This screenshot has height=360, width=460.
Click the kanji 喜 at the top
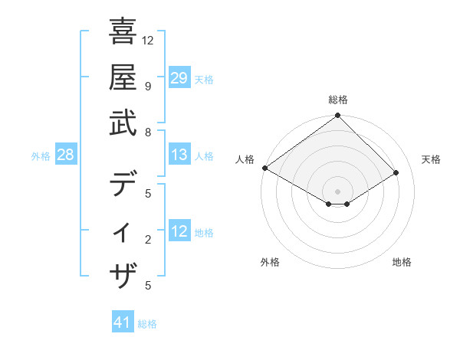pyautogui.click(x=123, y=33)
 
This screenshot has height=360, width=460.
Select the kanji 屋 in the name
pyautogui.click(x=123, y=78)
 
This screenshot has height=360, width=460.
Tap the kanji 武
pyautogui.click(x=123, y=123)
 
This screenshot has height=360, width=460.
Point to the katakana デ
pyautogui.click(x=123, y=185)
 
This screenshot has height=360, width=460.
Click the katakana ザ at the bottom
pyautogui.click(x=123, y=275)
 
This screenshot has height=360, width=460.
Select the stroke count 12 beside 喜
pyautogui.click(x=148, y=40)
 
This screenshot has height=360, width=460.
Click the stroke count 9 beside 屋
pyautogui.click(x=148, y=86)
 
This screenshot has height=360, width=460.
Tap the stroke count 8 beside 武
pyautogui.click(x=148, y=132)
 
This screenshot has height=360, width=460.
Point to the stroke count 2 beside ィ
pyautogui.click(x=148, y=240)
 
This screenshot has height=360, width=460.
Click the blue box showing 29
pyautogui.click(x=179, y=77)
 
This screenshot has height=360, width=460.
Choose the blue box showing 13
pyautogui.click(x=179, y=155)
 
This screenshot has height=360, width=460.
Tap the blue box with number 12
pyautogui.click(x=179, y=231)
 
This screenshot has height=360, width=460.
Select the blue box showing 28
pyautogui.click(x=66, y=155)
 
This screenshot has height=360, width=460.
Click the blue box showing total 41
pyautogui.click(x=123, y=322)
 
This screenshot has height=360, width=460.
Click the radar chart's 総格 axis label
pyautogui.click(x=337, y=100)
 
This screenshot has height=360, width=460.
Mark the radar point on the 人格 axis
pyautogui.click(x=264, y=168)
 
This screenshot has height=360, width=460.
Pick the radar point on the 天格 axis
pyautogui.click(x=397, y=173)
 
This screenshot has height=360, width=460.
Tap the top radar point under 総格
pyautogui.click(x=337, y=116)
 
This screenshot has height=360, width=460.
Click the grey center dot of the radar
pyautogui.click(x=337, y=191)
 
